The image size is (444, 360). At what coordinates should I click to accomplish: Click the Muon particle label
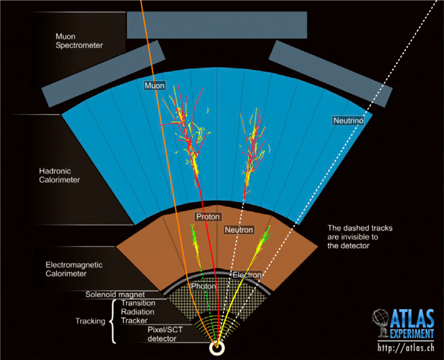(x=154, y=86)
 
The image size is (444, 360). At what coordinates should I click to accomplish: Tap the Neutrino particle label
(x=348, y=121)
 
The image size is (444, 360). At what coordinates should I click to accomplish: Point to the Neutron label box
(x=239, y=230)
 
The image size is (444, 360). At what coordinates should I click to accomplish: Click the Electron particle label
(x=247, y=275)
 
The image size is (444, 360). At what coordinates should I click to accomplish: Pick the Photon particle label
(x=204, y=286)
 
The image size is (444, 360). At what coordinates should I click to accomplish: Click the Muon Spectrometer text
(x=79, y=41)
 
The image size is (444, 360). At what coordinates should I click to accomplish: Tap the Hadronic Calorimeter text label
(x=63, y=174)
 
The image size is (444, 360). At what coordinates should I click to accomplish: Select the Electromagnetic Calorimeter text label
(x=74, y=269)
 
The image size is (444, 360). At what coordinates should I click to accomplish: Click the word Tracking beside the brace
(x=90, y=322)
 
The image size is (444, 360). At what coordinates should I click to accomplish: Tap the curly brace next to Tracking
(x=113, y=322)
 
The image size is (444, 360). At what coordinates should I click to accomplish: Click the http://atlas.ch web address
(x=405, y=349)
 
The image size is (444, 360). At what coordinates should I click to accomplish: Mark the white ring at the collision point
(x=218, y=348)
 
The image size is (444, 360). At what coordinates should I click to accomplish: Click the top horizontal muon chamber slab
(x=216, y=24)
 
